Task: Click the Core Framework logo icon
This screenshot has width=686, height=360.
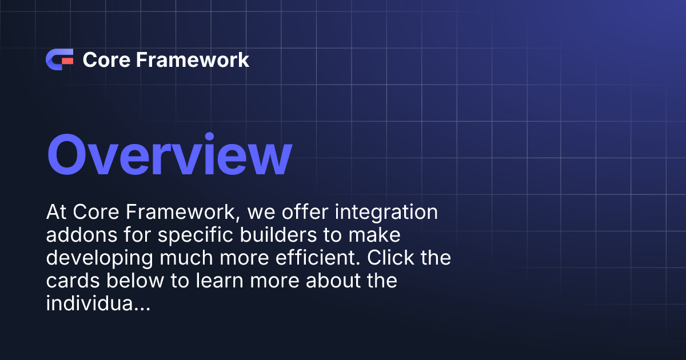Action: (59, 59)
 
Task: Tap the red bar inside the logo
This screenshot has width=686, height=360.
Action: (67, 60)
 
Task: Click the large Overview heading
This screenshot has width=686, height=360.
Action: (169, 155)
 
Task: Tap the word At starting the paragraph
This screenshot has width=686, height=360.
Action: (57, 213)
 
